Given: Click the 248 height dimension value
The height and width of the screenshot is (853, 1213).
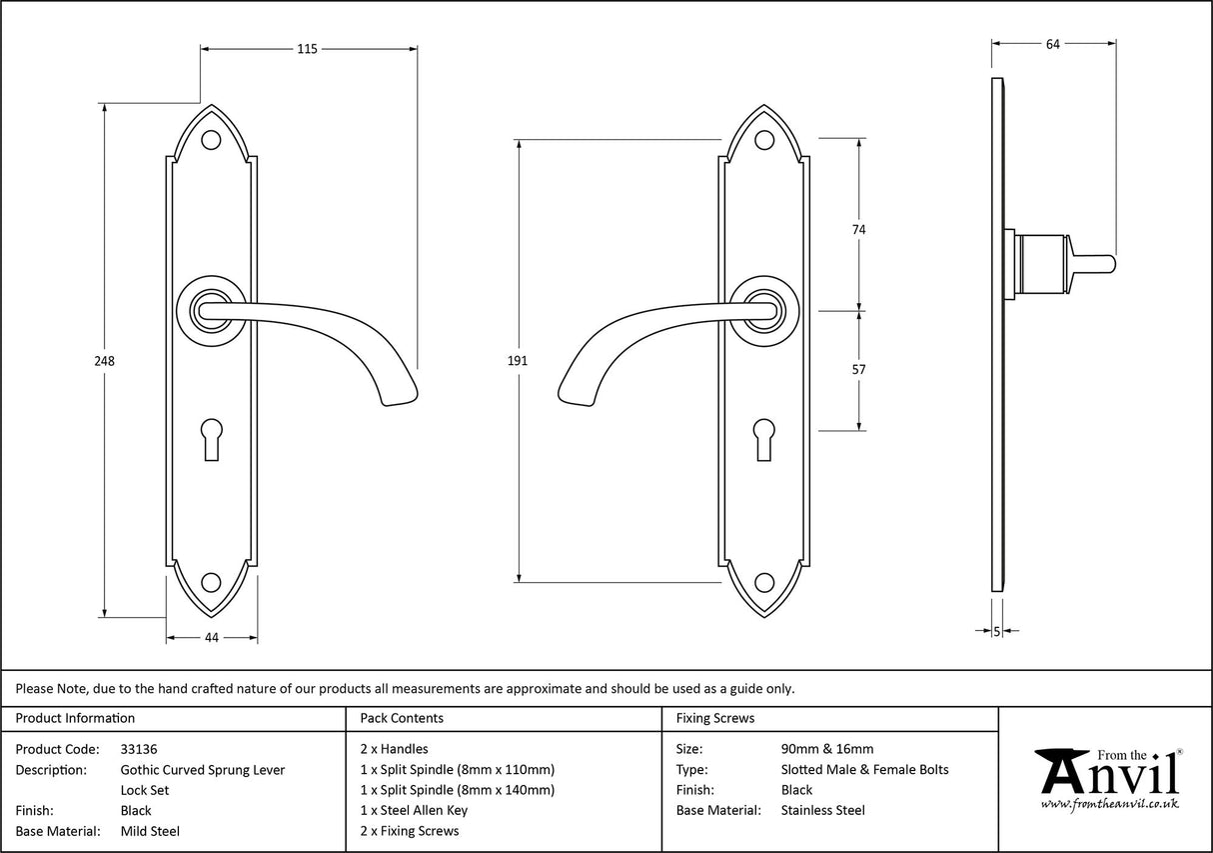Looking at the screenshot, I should [105, 361].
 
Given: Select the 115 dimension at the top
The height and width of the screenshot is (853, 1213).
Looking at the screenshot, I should [307, 49].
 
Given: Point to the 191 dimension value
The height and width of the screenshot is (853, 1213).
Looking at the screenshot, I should [517, 361].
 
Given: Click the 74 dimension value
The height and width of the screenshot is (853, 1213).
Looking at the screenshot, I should [858, 229].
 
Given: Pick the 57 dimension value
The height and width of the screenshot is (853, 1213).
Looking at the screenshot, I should [858, 369].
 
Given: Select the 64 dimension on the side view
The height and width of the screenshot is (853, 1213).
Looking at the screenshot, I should [1052, 43].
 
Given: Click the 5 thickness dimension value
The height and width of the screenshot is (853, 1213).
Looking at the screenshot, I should [997, 631].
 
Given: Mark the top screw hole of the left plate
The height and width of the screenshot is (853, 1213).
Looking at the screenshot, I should [211, 140].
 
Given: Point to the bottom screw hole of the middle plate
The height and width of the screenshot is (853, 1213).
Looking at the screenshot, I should [764, 582].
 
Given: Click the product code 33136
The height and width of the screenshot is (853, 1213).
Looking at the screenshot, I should [139, 749].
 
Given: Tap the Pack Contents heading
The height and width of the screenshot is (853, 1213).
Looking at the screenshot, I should [402, 718].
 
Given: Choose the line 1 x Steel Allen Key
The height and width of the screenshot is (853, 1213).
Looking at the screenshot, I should [414, 810].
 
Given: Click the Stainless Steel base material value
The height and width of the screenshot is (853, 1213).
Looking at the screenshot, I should [822, 810].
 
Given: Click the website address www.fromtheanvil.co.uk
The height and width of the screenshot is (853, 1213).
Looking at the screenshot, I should [1109, 803].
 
